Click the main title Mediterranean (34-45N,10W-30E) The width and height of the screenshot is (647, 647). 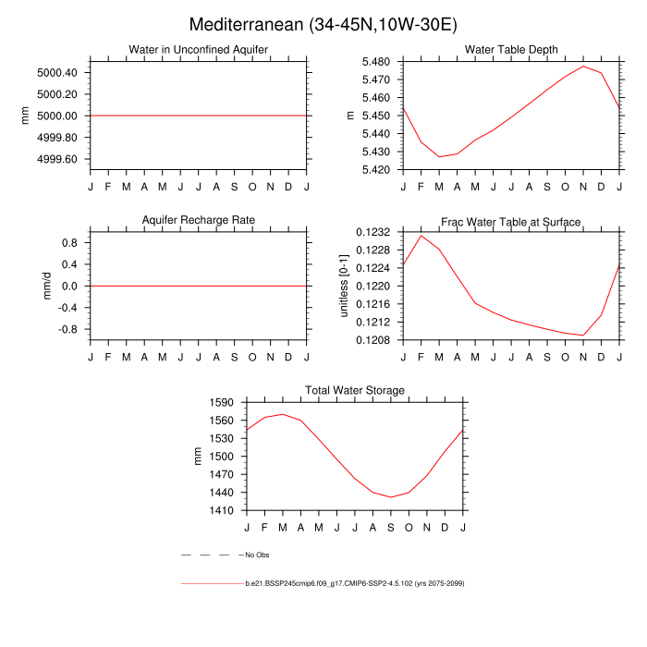323,24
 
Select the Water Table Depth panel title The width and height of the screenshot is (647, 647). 510,50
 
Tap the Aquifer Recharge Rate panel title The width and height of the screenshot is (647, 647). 198,220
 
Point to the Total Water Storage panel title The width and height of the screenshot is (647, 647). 355,391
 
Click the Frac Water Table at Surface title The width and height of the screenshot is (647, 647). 510,222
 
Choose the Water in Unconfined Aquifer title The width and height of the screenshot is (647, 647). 198,50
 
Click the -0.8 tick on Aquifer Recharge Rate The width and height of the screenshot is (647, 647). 69,329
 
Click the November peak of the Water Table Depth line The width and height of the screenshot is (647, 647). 583,67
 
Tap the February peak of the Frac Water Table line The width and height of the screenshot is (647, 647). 421,236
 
